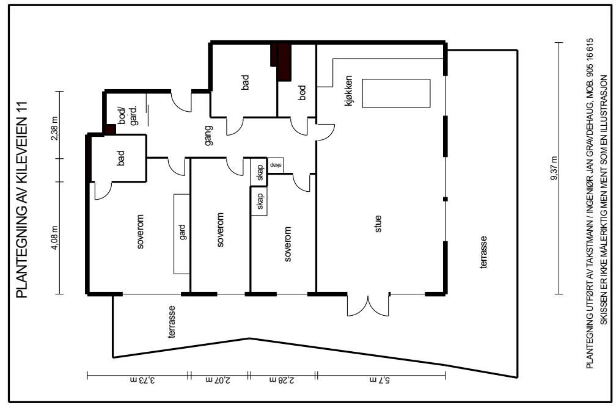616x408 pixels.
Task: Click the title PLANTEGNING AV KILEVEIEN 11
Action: tap(22, 200)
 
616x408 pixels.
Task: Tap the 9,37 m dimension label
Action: tap(554, 169)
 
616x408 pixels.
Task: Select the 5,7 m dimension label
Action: tap(380, 380)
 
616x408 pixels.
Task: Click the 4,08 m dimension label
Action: tap(54, 238)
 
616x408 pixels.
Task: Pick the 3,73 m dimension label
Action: tap(142, 380)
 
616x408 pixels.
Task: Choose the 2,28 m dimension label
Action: tap(282, 380)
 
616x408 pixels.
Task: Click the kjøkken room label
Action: tap(348, 91)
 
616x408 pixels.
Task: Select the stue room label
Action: tap(378, 224)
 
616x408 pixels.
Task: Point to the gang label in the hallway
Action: tap(208, 136)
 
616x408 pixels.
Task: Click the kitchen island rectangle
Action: tap(396, 93)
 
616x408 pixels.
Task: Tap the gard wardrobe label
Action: tap(182, 232)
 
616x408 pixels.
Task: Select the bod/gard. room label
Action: tap(128, 115)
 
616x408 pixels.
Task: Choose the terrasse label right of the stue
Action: tap(483, 252)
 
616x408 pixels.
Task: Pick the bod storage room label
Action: tap(302, 93)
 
